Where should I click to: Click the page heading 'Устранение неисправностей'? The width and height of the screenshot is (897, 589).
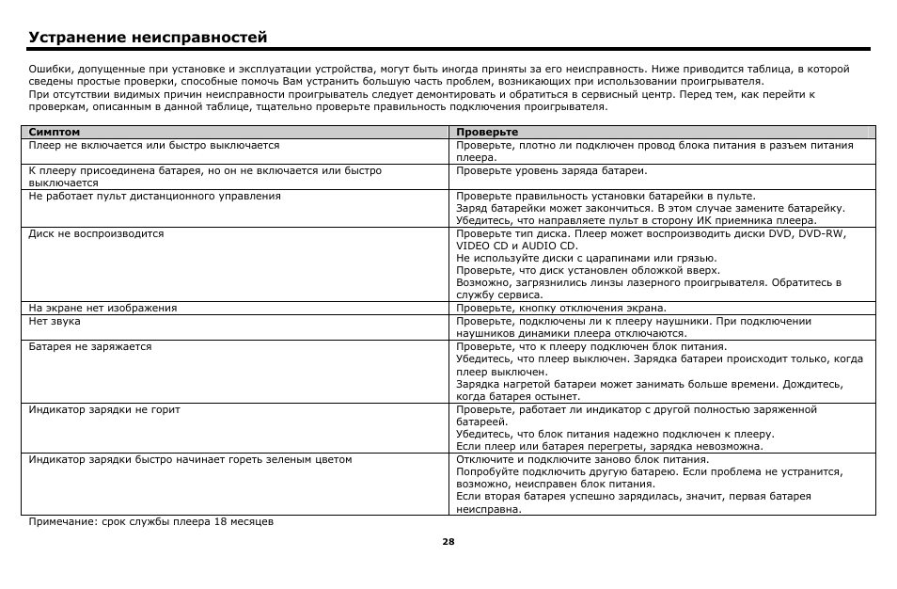click(x=149, y=38)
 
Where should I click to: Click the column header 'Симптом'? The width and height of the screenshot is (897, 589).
click(x=55, y=133)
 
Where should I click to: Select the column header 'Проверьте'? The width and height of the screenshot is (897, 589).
click(x=487, y=133)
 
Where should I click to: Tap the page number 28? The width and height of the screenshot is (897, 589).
click(x=448, y=542)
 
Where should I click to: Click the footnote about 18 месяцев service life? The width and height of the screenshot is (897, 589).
click(x=151, y=521)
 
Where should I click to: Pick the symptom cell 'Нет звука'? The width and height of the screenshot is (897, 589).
click(x=55, y=321)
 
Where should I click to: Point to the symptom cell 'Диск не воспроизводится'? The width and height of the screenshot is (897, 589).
click(x=96, y=233)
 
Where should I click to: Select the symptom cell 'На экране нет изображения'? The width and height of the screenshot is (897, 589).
click(x=102, y=308)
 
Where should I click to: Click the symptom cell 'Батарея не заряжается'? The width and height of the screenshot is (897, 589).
click(x=90, y=346)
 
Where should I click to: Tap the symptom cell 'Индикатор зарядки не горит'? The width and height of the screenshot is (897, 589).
click(x=104, y=409)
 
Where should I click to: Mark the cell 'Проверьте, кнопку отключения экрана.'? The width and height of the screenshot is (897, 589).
click(x=561, y=308)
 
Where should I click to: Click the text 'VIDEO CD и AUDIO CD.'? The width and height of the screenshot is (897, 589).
click(x=516, y=246)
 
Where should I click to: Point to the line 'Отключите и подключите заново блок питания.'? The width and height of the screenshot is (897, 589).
click(x=582, y=459)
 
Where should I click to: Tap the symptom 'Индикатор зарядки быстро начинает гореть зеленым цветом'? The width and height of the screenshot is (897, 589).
click(x=190, y=459)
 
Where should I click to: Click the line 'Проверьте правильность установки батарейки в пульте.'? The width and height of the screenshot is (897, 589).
click(x=606, y=196)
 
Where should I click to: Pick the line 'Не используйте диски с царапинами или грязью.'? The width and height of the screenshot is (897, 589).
click(x=587, y=258)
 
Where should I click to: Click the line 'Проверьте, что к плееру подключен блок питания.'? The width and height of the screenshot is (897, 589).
click(x=590, y=346)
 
